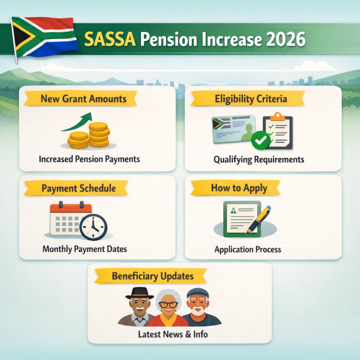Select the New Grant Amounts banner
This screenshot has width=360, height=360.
pos(83,99)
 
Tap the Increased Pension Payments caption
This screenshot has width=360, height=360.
pos(89,159)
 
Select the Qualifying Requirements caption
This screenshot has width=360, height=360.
pos(259,159)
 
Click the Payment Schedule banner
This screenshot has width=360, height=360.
pos(79,188)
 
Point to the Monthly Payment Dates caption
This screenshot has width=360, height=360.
pos(85,249)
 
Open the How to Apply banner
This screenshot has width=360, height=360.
pos(239,188)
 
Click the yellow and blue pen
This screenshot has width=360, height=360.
pos(260,218)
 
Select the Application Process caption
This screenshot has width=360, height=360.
pos(248,249)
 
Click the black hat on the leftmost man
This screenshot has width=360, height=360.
pos(140,293)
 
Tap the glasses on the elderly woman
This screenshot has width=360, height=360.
pos(168,304)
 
